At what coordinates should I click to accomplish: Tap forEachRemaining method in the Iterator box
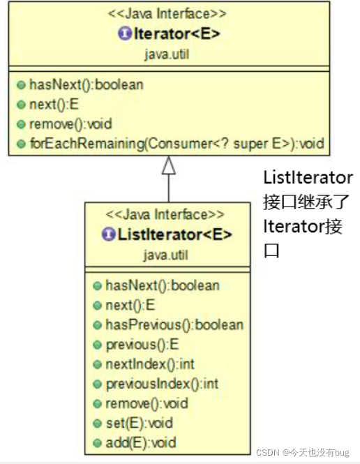[177, 144]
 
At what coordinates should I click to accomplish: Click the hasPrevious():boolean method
[174, 324]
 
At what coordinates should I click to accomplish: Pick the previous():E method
[142, 344]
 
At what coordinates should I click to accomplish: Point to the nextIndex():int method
[149, 364]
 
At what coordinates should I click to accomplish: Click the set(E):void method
[139, 423]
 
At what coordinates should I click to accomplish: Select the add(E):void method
[140, 442]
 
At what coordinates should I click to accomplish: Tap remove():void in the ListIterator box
[146, 403]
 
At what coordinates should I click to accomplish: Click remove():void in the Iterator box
[70, 124]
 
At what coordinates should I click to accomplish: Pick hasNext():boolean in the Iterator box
[86, 85]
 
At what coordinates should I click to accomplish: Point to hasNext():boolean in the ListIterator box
[162, 285]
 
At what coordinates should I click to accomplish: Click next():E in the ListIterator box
[129, 305]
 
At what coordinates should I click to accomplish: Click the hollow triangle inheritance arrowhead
[168, 166]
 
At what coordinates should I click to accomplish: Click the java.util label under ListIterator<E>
[166, 254]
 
